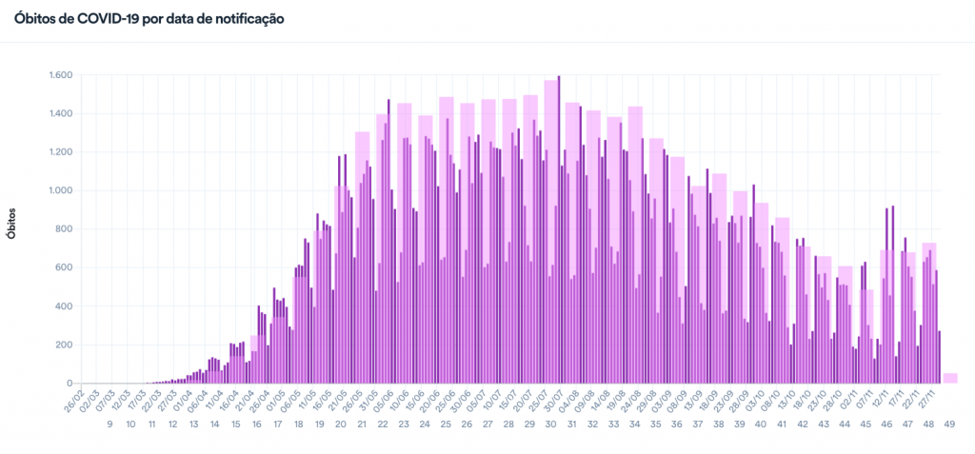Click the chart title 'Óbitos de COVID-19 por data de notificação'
pos(149,18)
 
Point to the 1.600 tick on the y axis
pos(60,75)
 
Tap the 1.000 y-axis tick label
pos(60,190)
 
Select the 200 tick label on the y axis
pos(65,345)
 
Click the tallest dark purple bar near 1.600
pos(559,228)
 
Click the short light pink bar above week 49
pos(949,378)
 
